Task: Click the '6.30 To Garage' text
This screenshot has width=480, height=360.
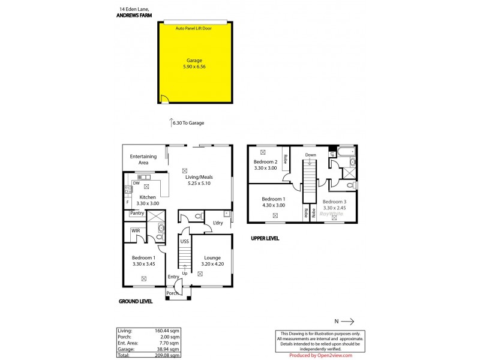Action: click(x=188, y=123)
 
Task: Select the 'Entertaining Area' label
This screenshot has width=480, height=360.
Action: click(x=143, y=160)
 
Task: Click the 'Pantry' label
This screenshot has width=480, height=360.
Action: click(x=136, y=213)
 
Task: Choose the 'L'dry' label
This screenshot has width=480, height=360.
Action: click(x=218, y=224)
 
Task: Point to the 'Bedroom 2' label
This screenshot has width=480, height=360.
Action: click(x=265, y=162)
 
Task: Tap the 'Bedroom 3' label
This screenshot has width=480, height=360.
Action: click(x=334, y=202)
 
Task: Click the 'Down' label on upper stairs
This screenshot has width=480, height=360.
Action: click(x=310, y=155)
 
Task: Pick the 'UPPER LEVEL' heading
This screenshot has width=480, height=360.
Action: click(x=265, y=238)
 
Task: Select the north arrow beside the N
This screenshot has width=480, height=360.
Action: click(x=348, y=321)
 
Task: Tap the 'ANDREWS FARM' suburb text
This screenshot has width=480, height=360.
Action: click(x=134, y=16)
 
